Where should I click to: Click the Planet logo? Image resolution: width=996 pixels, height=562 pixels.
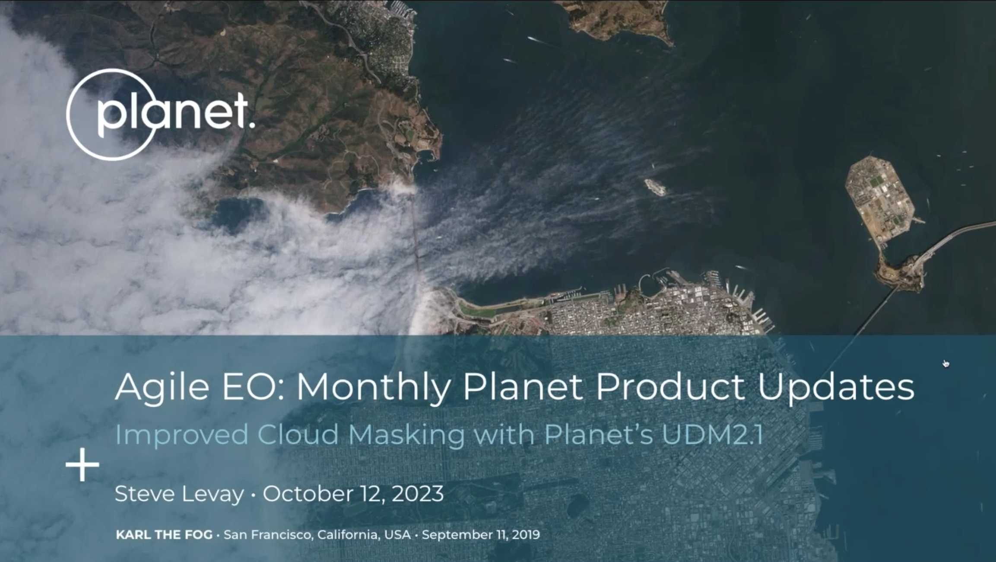click(160, 115)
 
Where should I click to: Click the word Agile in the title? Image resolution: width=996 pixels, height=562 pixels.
click(162, 387)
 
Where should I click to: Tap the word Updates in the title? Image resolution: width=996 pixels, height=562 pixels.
click(836, 387)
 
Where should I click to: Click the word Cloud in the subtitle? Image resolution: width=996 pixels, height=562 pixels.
click(298, 435)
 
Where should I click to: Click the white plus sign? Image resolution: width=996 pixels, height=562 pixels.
click(82, 465)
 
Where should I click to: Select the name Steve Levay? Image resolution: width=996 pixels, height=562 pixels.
click(179, 494)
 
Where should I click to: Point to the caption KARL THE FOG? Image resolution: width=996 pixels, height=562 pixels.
click(164, 535)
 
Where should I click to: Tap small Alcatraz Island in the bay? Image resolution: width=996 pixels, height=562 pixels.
click(655, 187)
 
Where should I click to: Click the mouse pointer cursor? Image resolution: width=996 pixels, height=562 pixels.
click(946, 364)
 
